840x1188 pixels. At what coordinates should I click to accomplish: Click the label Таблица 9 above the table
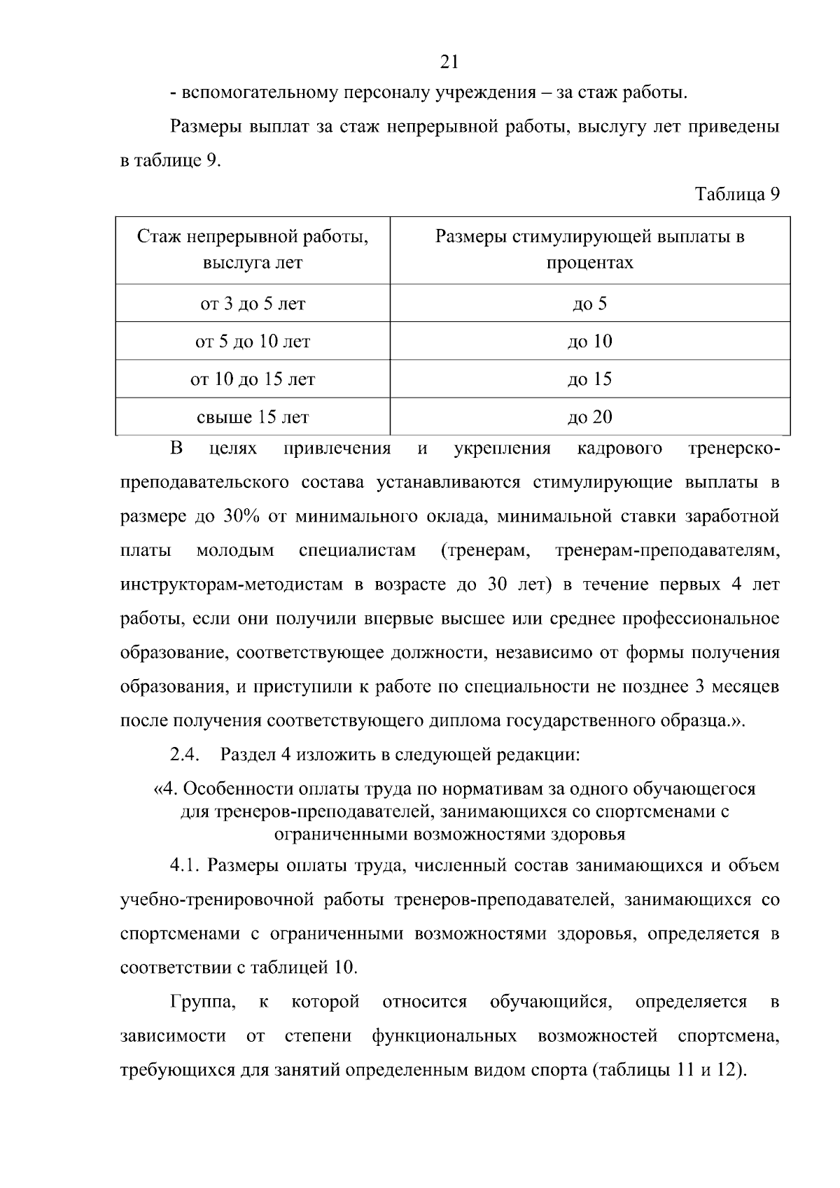737,195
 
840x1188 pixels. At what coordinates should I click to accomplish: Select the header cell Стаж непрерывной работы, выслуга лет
253,250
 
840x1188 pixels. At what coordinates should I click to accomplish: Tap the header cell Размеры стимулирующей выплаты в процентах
589,250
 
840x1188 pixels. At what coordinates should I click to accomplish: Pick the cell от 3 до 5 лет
253,304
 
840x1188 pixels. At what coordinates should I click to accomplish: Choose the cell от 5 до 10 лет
253,342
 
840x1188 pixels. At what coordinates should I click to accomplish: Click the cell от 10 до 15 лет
253,379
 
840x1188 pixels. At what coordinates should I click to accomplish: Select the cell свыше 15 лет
253,418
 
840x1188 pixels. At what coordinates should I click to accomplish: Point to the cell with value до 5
589,304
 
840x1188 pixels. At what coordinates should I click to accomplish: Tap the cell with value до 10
589,342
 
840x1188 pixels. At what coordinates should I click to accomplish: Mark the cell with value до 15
589,379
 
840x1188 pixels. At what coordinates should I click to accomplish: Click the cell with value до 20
589,418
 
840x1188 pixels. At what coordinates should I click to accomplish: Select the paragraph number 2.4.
185,755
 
